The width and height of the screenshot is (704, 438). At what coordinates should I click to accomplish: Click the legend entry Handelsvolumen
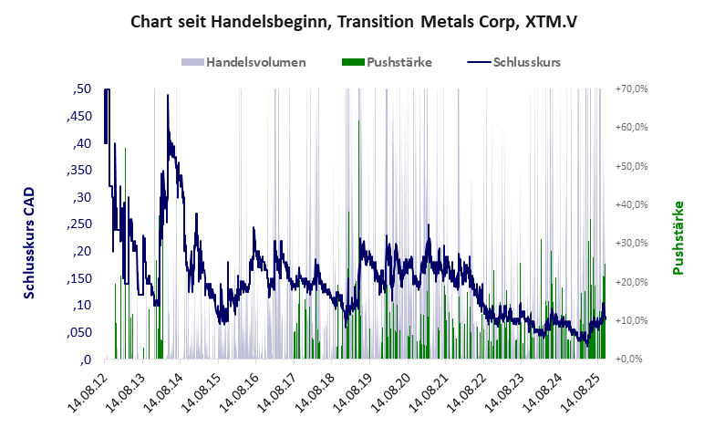point(255,63)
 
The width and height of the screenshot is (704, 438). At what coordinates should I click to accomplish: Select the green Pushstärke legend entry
point(399,63)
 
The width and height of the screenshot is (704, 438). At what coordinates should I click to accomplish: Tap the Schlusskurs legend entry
point(526,63)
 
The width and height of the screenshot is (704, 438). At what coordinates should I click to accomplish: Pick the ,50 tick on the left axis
point(80,89)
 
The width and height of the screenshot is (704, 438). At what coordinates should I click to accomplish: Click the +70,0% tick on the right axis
point(630,89)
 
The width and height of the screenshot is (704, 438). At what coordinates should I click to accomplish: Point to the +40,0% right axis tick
point(630,205)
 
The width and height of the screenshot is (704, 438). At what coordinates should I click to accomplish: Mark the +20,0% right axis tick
point(630,282)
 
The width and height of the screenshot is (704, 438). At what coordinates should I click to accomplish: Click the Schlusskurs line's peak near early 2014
point(168,96)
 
